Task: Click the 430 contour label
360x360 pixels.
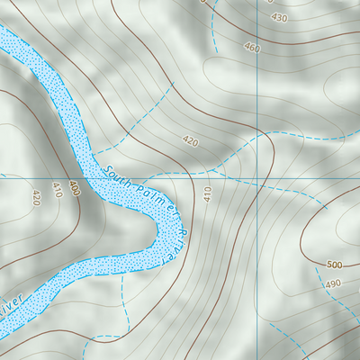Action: coord(279,18)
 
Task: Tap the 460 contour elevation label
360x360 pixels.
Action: coord(251,48)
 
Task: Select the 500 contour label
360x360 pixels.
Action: coord(336,265)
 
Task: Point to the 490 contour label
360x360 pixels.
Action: coord(333,284)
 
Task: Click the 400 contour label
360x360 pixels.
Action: coord(73,190)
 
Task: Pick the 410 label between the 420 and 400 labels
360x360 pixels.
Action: coord(58,190)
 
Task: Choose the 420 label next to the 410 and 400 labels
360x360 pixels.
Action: coord(36,196)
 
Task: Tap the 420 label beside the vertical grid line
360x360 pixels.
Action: coord(189,141)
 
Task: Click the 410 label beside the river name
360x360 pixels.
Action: coord(207,193)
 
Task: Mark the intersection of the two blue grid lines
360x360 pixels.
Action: coord(257,176)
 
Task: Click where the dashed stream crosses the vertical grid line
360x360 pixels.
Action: coord(257,139)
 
